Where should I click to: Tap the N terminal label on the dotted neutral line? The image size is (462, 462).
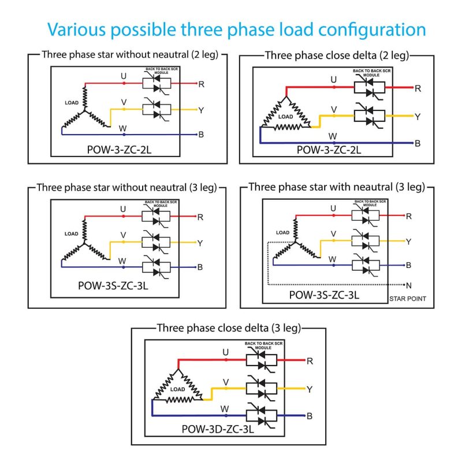tap(409, 285)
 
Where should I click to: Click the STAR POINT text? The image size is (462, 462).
tap(408, 299)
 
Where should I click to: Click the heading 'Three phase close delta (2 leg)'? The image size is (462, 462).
tap(337, 55)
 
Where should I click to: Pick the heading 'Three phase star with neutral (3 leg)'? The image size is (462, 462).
tap(337, 187)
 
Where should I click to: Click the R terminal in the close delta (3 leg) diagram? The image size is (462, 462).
tap(310, 361)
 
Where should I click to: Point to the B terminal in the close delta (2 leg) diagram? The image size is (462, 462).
tap(418, 143)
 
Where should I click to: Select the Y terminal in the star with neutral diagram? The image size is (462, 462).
tap(409, 241)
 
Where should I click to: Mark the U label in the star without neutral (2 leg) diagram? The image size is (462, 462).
tap(123, 76)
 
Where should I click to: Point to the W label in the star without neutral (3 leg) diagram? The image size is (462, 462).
tap(122, 260)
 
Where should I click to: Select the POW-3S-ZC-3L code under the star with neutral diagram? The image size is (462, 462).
tap(324, 295)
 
